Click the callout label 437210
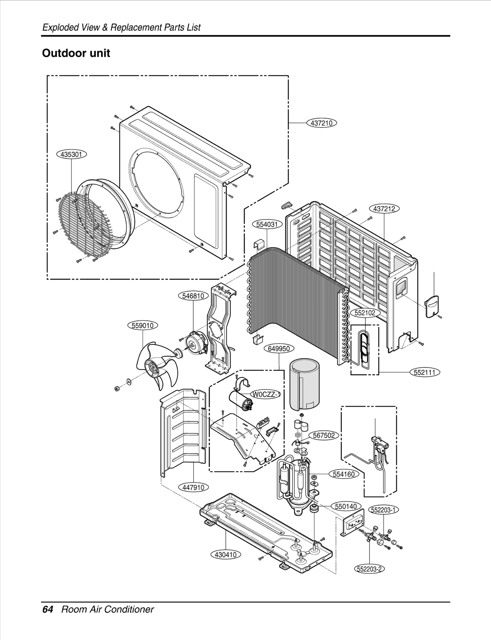322,123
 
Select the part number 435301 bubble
72,154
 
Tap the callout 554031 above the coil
267,224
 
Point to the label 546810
193,296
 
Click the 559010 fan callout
143,325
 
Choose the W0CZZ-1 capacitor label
266,394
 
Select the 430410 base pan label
226,555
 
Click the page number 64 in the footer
48,609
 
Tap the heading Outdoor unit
76,53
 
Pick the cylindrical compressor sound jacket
305,384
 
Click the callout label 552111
425,372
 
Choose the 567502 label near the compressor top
324,435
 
